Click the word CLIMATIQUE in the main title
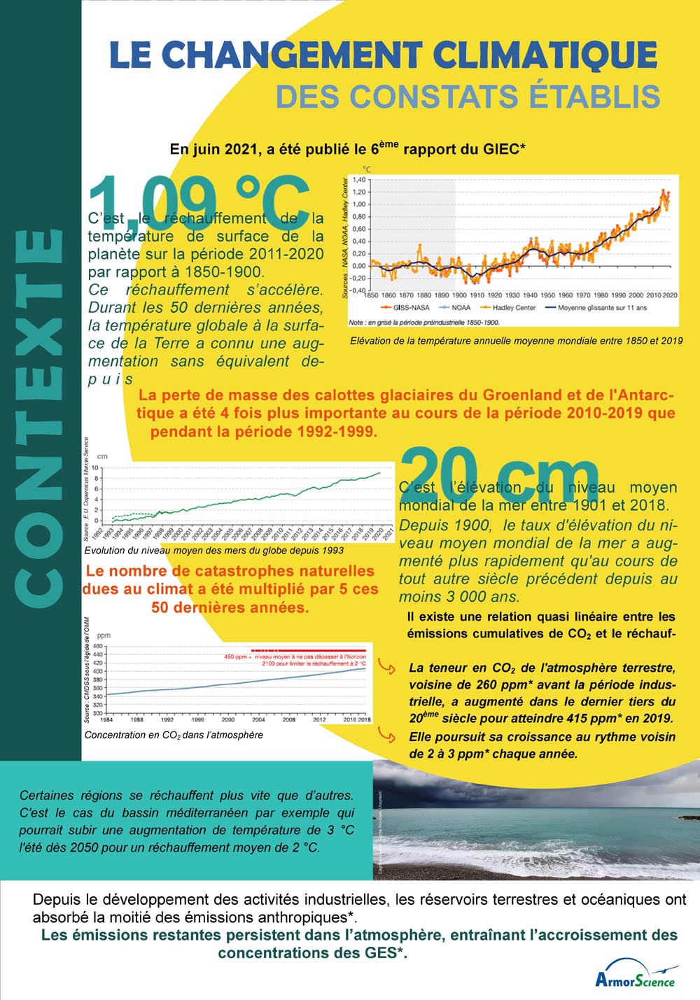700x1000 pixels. (x=545, y=55)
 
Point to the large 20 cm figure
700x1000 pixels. (x=500, y=475)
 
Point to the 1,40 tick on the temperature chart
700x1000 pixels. (x=359, y=180)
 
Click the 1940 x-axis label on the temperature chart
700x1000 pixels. (x=530, y=295)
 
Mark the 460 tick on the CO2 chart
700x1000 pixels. (x=98, y=646)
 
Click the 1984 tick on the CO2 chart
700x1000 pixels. (x=106, y=719)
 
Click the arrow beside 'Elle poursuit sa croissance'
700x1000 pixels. (x=386, y=733)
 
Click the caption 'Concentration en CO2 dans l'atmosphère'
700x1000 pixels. (x=174, y=735)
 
